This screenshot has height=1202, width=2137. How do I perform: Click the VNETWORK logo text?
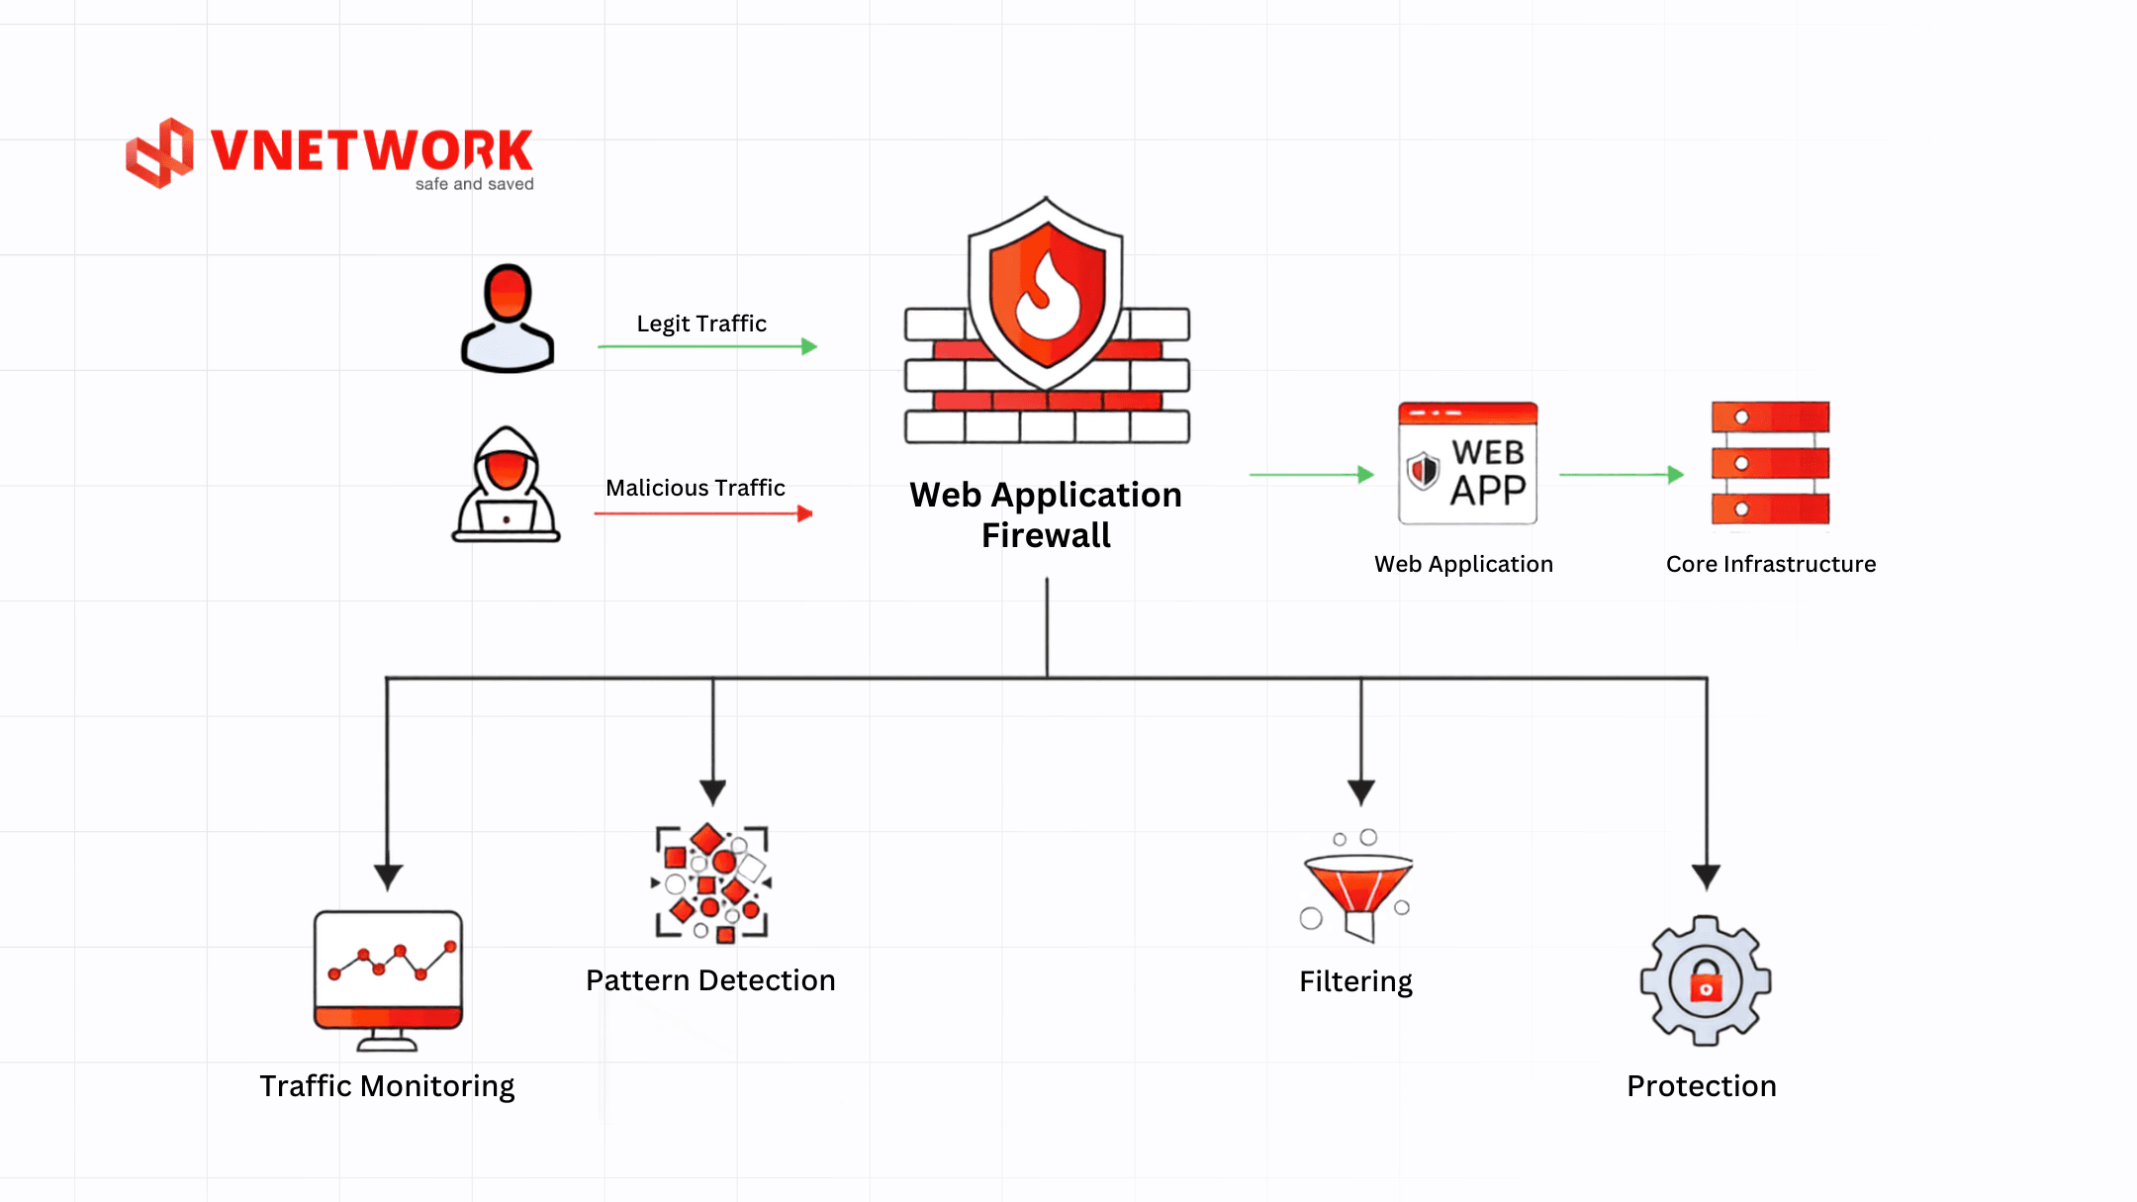point(372,150)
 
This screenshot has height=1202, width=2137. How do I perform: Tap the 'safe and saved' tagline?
point(475,184)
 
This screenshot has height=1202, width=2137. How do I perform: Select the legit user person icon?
point(508,318)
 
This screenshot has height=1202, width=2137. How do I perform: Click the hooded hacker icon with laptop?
point(507,484)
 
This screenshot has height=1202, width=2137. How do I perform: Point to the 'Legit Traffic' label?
point(701,324)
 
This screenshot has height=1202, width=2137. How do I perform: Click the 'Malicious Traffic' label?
point(696,488)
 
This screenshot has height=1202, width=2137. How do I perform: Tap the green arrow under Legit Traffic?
point(707,346)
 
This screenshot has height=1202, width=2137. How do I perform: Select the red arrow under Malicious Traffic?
point(703,513)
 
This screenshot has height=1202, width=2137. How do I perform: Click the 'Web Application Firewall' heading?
point(1046,514)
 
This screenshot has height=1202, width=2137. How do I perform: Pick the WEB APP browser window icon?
point(1467,463)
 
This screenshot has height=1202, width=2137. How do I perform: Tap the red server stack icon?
point(1770,463)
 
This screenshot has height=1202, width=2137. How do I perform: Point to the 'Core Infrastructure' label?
point(1771,564)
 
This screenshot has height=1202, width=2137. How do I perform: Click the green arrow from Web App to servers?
point(1622,475)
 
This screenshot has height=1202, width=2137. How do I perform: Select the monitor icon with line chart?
point(388,980)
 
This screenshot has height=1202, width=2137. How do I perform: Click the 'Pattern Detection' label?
point(710,980)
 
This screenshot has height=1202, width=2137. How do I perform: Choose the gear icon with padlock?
point(1706,980)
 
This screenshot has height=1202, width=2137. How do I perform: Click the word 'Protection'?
point(1702,1086)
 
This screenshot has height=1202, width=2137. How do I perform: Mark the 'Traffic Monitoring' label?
point(387,1086)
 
